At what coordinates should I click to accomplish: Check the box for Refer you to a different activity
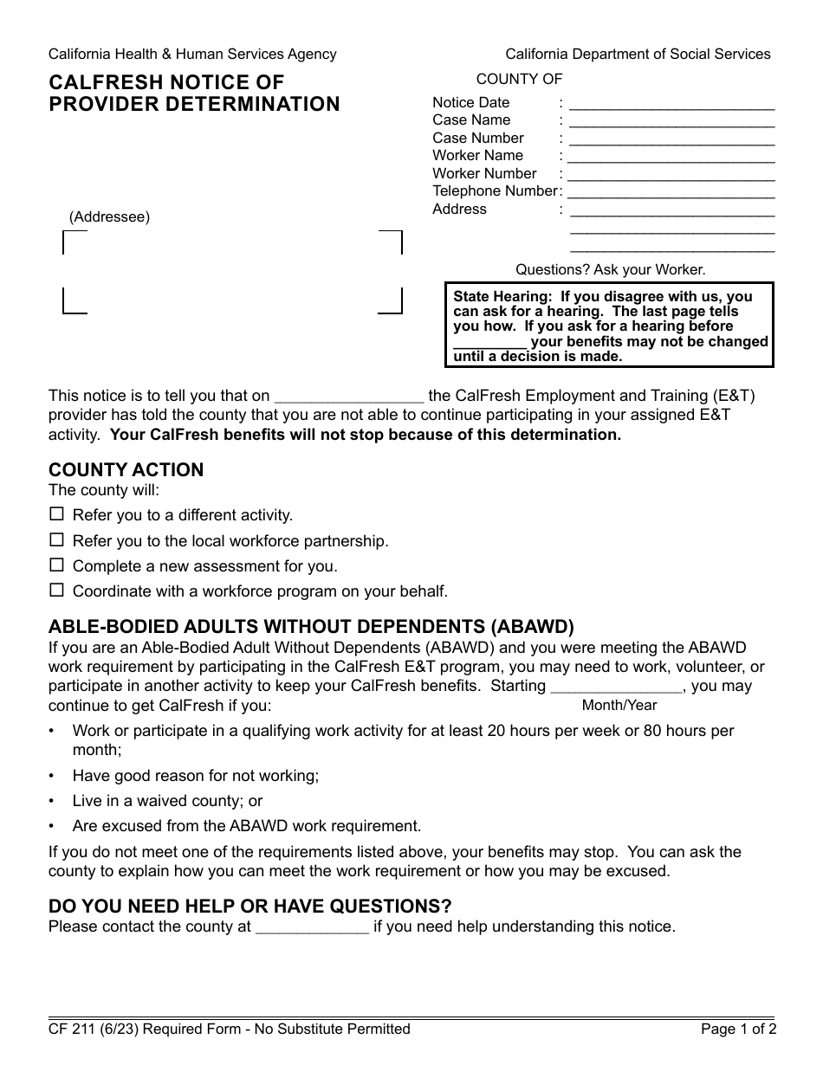click(x=56, y=513)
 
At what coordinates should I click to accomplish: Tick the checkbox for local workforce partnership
click(x=56, y=539)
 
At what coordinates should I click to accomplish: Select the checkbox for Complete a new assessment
click(x=56, y=565)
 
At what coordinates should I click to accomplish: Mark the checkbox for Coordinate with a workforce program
click(x=56, y=591)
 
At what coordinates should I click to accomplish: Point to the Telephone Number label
click(x=495, y=190)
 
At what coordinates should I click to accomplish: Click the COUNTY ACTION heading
click(x=126, y=470)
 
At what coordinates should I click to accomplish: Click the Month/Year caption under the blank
click(x=619, y=705)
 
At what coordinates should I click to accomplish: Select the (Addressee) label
click(x=109, y=217)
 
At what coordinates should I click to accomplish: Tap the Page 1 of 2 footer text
click(x=738, y=1029)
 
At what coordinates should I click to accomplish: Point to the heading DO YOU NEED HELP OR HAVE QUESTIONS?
click(x=250, y=907)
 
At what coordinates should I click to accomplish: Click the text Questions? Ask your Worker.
click(x=611, y=269)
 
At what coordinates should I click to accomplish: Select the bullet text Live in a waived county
click(x=167, y=801)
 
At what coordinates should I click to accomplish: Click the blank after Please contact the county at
click(x=313, y=928)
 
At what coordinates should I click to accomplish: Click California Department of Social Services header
click(x=638, y=54)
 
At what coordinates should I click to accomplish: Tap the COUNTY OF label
click(x=520, y=79)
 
